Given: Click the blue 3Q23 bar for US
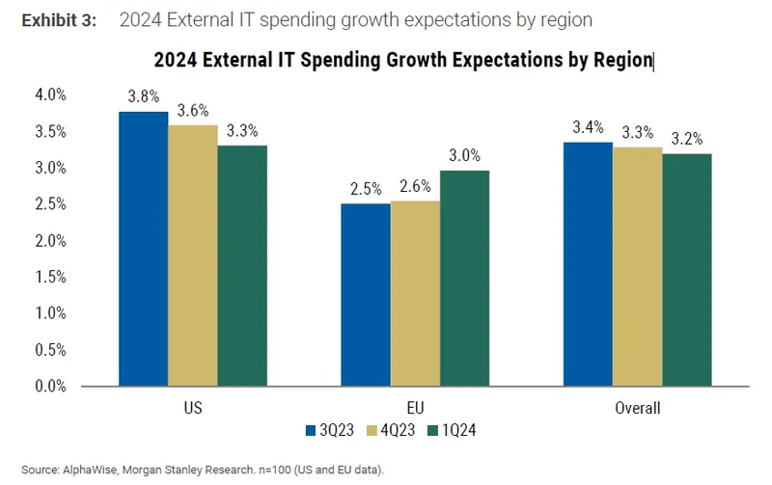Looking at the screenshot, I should pyautogui.click(x=143, y=249).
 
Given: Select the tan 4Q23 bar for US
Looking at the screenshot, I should pyautogui.click(x=193, y=256).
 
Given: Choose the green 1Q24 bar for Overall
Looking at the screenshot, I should pyautogui.click(x=688, y=270).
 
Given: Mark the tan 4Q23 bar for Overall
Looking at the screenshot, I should pyautogui.click(x=638, y=267).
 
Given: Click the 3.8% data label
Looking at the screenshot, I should pyautogui.click(x=143, y=96).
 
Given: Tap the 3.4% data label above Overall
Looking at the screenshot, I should pyautogui.click(x=588, y=126).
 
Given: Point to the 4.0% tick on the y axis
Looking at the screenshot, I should pyautogui.click(x=50, y=94).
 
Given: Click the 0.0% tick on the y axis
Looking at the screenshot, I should pyautogui.click(x=50, y=387).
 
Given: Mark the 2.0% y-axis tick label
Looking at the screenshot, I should pyautogui.click(x=50, y=240).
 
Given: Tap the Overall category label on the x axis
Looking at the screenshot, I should pyautogui.click(x=638, y=409).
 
